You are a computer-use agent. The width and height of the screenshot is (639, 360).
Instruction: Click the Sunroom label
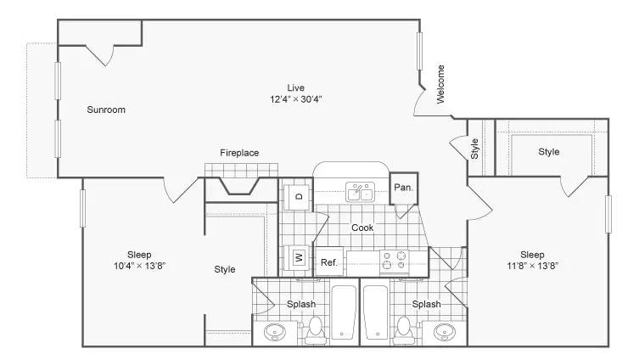click(106, 110)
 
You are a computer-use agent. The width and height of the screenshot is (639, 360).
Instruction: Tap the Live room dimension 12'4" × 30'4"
click(296, 99)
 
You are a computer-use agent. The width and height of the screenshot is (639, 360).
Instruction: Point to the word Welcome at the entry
click(440, 84)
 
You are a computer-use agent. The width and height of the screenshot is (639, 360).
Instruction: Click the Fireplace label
click(239, 153)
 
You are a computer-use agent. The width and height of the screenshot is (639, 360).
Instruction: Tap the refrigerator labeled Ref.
click(329, 262)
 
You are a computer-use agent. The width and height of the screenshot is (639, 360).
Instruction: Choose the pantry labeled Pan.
click(403, 188)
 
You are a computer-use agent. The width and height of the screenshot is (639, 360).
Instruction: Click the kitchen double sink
click(361, 193)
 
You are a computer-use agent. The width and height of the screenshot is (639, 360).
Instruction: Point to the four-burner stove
click(394, 261)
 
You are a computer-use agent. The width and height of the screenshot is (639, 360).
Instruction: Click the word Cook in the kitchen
click(362, 228)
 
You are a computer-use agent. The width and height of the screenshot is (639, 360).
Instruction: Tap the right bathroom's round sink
click(444, 332)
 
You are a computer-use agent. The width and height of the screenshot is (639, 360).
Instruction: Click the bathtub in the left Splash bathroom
click(343, 312)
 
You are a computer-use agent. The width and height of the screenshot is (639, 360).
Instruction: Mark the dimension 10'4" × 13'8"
click(139, 266)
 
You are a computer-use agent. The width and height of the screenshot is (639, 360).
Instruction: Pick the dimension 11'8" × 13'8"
click(532, 266)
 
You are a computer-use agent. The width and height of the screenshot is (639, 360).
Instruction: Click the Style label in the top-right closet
click(548, 152)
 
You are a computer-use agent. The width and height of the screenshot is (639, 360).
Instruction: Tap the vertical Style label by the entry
click(474, 149)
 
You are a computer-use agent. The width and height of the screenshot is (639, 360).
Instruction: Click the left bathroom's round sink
click(275, 332)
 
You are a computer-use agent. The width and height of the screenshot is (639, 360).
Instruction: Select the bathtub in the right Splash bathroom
click(376, 312)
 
